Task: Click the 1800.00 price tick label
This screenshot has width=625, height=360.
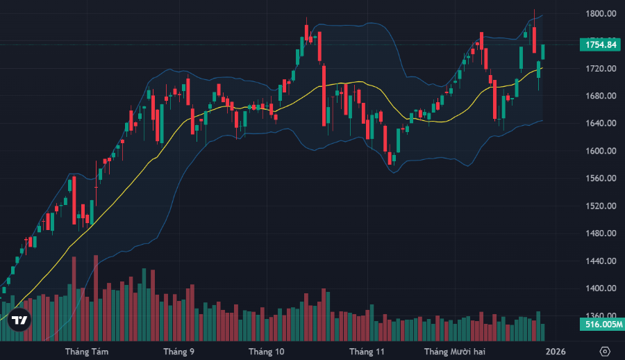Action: [601, 14]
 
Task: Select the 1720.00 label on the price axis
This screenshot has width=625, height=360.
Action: [601, 69]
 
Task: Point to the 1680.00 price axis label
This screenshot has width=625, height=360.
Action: [601, 96]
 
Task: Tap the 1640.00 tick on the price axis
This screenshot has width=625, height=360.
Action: [601, 124]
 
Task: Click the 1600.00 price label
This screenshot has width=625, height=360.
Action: [601, 151]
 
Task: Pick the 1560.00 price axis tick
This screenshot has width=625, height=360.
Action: [601, 179]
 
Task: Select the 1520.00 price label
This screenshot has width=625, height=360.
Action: [601, 206]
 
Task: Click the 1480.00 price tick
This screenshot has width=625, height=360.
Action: [601, 234]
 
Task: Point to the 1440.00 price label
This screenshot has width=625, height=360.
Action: [601, 261]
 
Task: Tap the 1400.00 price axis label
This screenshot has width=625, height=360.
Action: [601, 288]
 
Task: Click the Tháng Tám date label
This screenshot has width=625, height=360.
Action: [85, 351]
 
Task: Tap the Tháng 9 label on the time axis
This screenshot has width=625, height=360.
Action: [178, 351]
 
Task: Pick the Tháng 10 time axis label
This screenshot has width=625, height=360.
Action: [267, 351]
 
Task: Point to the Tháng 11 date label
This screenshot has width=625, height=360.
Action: [367, 351]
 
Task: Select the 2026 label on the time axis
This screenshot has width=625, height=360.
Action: [556, 351]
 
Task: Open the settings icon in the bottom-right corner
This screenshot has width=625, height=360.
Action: [605, 351]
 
